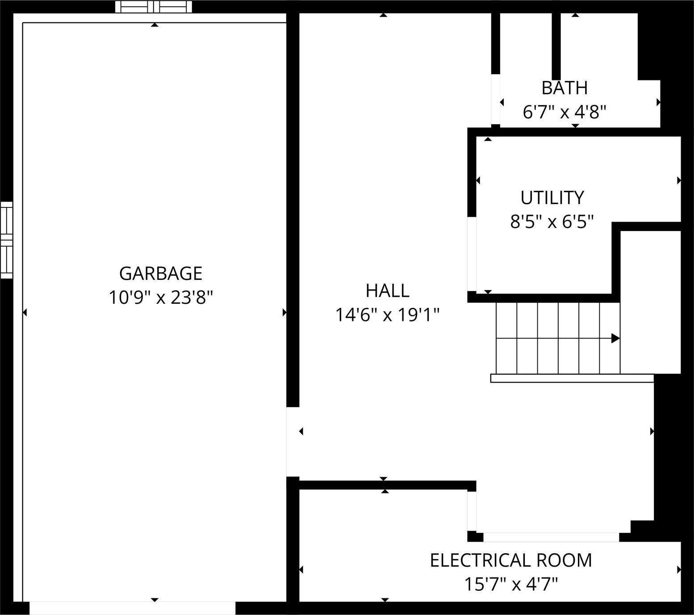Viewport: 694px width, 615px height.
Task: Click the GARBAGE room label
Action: [161, 273]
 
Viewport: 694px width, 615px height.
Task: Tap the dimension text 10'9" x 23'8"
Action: [161, 297]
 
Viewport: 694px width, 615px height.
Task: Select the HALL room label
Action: [387, 291]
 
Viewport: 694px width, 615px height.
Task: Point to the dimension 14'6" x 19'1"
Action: [387, 315]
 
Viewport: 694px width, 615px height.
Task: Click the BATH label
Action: [564, 88]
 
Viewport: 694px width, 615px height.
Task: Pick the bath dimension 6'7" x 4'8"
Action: [564, 112]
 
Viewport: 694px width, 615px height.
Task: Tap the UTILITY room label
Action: [552, 198]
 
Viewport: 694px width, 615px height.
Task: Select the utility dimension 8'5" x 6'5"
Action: [552, 222]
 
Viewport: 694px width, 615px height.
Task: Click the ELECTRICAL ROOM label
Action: [510, 560]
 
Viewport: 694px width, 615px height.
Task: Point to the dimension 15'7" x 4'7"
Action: [510, 584]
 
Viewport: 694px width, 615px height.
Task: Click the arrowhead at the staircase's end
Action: [615, 338]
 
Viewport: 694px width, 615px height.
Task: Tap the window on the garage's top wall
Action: [154, 7]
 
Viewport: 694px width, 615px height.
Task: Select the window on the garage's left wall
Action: [6, 240]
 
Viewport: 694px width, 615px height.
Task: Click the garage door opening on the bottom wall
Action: [132, 608]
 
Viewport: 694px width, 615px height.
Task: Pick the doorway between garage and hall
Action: [293, 442]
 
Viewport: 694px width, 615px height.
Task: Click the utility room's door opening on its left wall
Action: [472, 253]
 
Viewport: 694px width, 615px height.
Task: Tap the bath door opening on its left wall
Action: [495, 99]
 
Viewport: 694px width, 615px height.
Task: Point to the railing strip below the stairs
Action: [572, 379]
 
